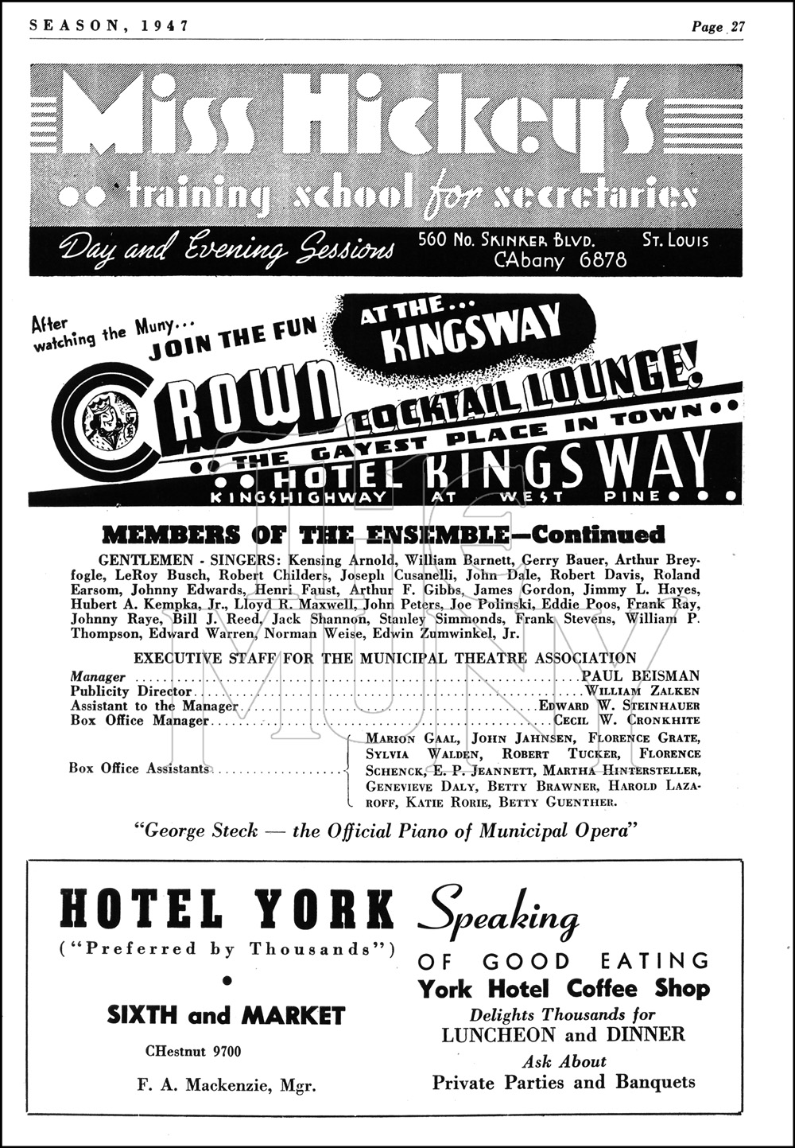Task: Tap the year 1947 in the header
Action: coord(167,25)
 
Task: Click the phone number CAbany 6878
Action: coord(560,259)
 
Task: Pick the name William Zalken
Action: coord(642,691)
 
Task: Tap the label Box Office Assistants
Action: coord(139,769)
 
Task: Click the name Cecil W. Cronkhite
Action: coord(627,721)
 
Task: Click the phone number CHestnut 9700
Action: coord(193,1051)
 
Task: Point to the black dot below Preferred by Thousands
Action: coord(227,982)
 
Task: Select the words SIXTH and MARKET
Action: coord(227,1015)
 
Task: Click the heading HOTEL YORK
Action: coord(227,909)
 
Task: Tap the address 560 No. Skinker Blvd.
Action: coord(509,239)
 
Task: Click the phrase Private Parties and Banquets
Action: coord(564,1082)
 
